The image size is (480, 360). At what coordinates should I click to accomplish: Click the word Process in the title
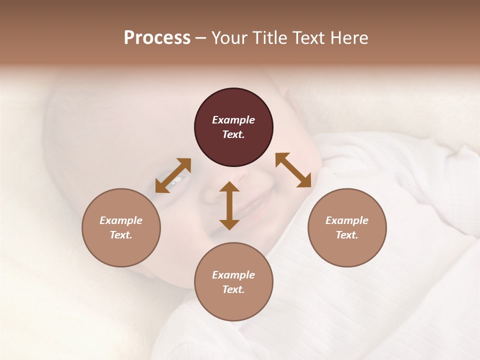[x=157, y=38]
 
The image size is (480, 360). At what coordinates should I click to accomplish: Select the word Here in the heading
[x=349, y=38]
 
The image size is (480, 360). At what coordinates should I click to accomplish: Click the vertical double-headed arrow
[x=229, y=205]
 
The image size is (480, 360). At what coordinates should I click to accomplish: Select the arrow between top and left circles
[x=173, y=175]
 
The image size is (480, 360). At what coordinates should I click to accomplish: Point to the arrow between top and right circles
[x=293, y=170]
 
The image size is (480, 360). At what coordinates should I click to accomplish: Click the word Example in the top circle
[x=233, y=120]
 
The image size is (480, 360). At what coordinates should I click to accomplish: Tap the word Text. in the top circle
[x=233, y=134]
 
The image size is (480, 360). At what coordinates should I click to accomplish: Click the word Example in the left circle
[x=121, y=220]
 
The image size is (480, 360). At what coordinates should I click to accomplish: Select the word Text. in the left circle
[x=121, y=235]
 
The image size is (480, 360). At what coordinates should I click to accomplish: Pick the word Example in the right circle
[x=347, y=220]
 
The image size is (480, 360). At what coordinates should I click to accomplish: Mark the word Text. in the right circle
[x=347, y=235]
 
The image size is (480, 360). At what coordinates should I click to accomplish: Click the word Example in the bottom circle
[x=233, y=275]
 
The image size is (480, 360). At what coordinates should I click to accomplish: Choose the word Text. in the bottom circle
[x=233, y=289]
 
